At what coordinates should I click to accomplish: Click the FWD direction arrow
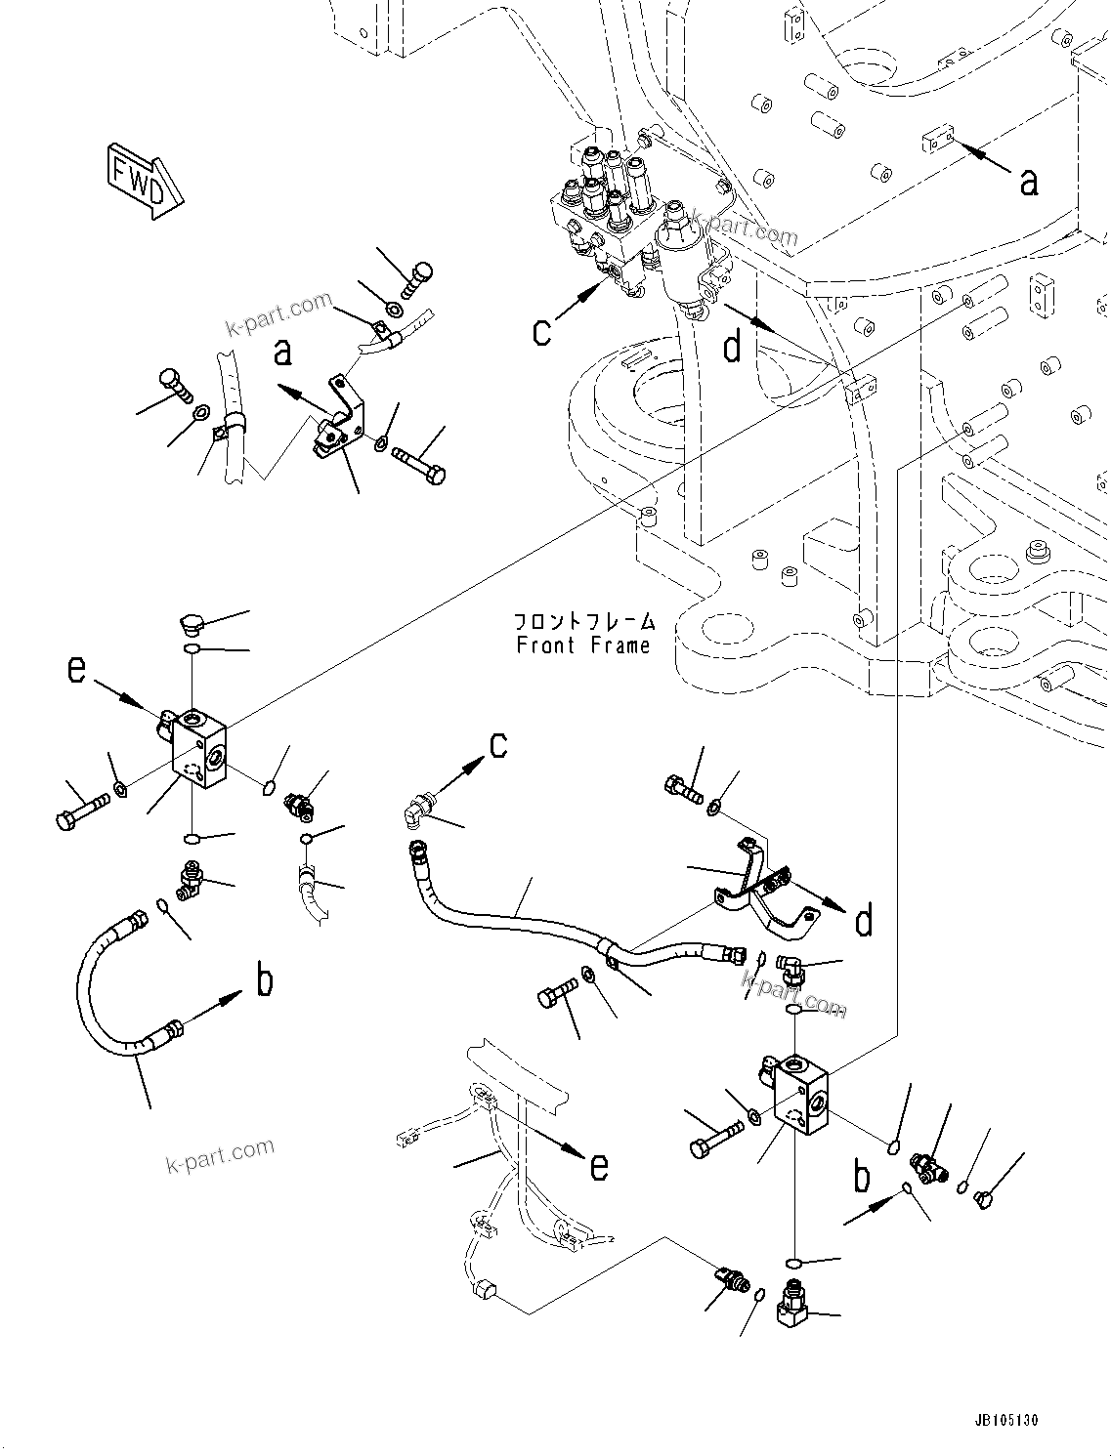141,180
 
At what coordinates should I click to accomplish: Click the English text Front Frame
582,645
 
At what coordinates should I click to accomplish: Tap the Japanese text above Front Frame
584,622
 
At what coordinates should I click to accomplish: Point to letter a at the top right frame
1028,181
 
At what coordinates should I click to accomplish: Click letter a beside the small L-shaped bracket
282,352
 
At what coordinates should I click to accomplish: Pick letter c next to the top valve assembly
542,331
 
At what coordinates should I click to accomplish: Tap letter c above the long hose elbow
498,745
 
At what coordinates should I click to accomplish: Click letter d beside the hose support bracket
864,920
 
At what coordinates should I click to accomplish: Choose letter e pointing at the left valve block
77,670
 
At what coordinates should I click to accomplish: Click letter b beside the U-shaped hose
265,980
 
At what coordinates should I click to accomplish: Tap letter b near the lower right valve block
862,1177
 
